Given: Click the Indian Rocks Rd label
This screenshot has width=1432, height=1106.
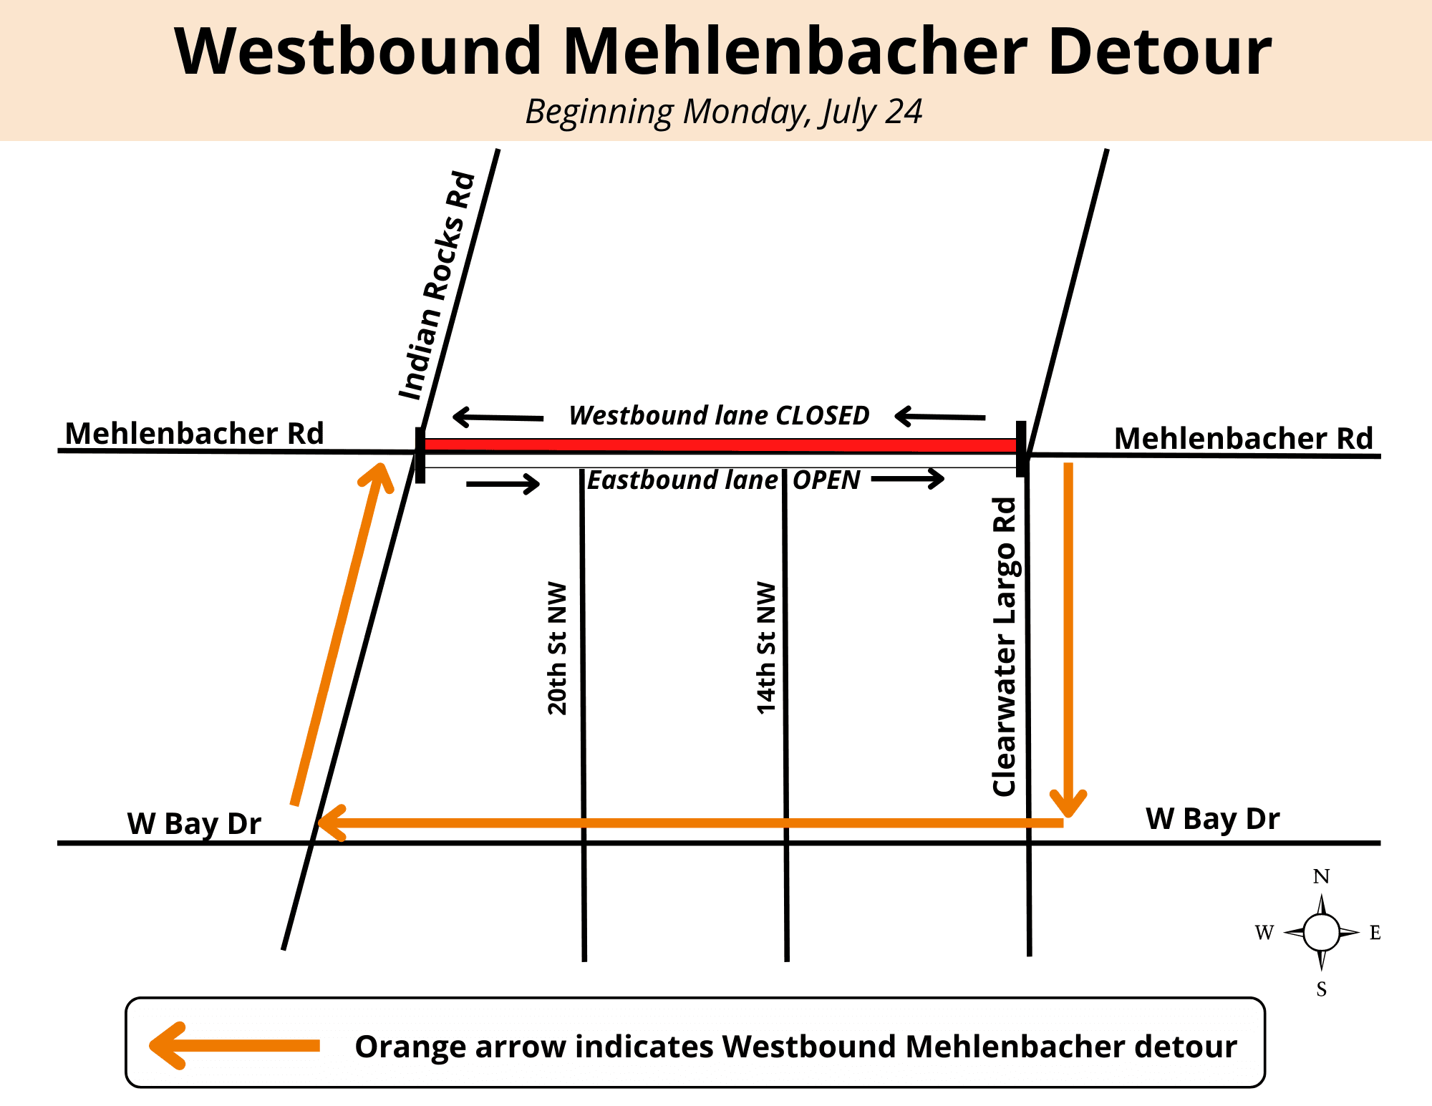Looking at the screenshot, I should pos(437,286).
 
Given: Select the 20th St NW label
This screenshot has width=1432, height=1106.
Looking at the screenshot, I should pos(557,648).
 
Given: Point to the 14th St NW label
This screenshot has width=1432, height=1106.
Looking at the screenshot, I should pos(766,648).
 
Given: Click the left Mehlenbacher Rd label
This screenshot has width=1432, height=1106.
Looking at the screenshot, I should pos(194,433).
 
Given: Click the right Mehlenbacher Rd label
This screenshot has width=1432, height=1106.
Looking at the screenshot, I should pos(1244,438).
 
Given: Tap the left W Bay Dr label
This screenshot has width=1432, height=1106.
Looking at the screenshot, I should pos(194,823).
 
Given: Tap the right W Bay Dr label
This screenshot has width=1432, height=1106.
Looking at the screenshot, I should pos(1212,818).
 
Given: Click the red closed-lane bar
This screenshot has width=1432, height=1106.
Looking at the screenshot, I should pos(720,445).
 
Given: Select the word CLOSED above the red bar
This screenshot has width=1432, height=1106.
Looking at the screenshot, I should pos(823,415).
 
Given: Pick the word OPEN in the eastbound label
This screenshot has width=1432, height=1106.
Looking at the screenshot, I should pos(826,480).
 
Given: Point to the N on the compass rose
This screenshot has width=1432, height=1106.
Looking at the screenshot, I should pos(1321,876).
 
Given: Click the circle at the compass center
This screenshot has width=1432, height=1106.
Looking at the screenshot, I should pos(1321,932).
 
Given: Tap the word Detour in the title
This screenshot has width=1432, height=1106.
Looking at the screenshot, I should pos(1159,52).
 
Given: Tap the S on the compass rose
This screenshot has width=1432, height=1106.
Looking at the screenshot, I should pos(1321,989).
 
